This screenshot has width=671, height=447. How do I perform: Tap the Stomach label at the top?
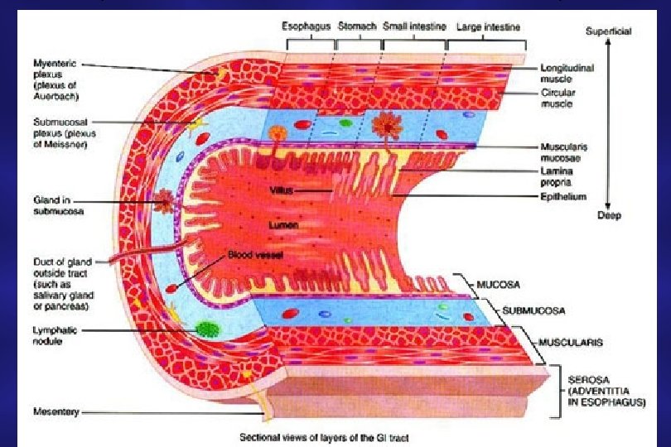click(x=358, y=26)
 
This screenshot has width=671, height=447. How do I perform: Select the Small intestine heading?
click(x=413, y=26)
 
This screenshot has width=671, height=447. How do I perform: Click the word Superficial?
click(x=609, y=31)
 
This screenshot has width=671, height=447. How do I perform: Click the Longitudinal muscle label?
click(x=562, y=72)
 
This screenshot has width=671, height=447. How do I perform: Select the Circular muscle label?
click(x=557, y=98)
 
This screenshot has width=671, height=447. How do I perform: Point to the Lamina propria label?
click(x=557, y=175)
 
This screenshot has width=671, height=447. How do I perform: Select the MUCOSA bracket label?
click(x=499, y=283)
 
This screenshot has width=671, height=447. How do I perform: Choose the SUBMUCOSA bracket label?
click(x=531, y=310)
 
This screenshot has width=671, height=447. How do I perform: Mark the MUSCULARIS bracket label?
click(x=569, y=341)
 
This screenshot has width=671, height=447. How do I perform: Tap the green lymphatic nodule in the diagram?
click(x=208, y=329)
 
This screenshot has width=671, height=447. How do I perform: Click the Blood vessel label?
click(x=256, y=256)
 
